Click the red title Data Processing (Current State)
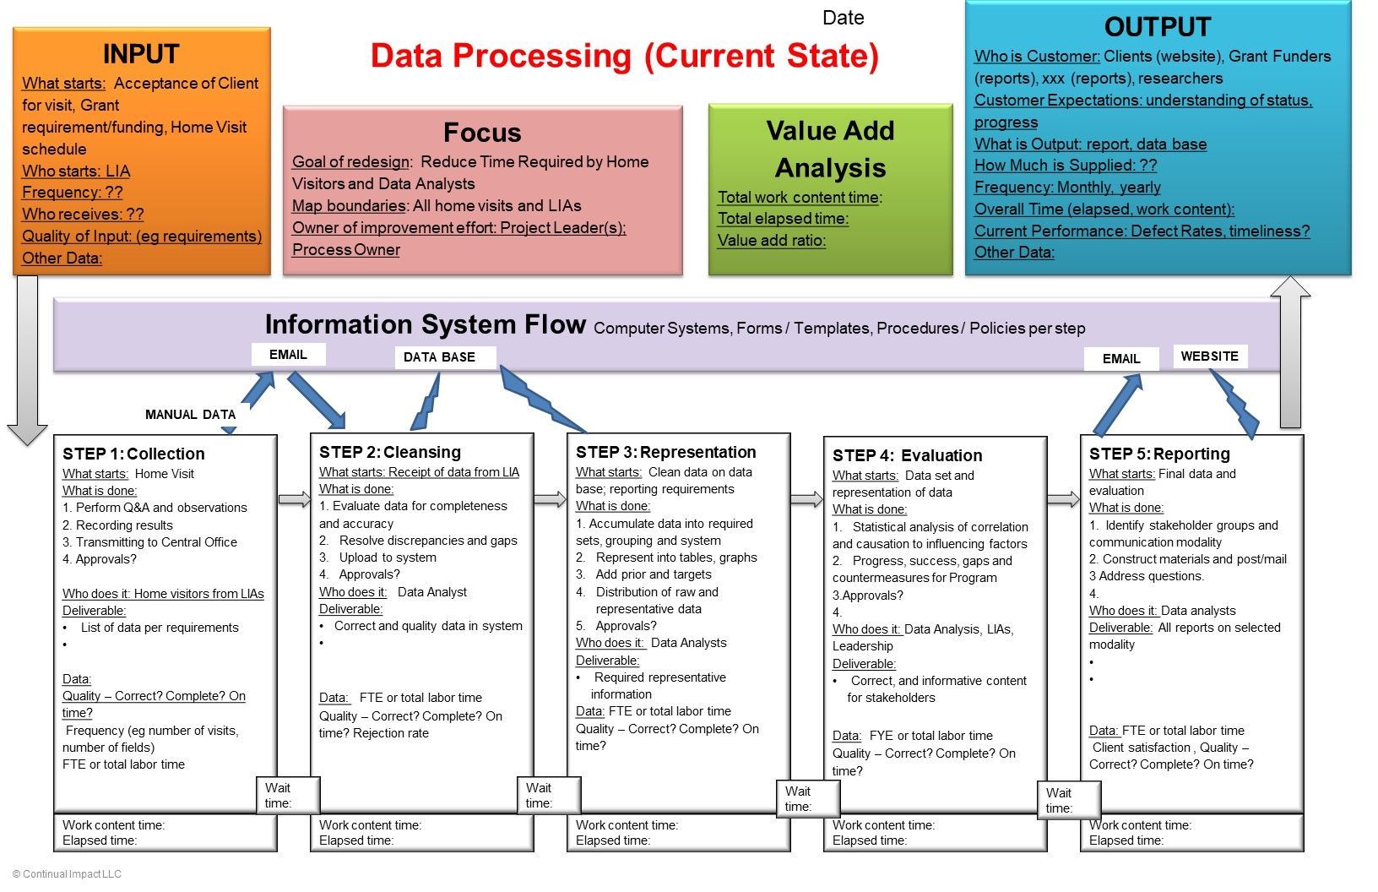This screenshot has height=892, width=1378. pos(625,56)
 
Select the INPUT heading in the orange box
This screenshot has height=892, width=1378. pos(141,54)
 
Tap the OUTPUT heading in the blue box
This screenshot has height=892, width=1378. pos(1157,27)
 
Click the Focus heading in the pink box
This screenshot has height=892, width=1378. pos(482,133)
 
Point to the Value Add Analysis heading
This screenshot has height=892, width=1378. pos(831,149)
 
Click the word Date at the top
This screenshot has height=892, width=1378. pos(843,17)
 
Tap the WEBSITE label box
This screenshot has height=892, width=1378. pos(1210,356)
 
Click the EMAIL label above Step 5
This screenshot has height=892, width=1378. pos(1120,359)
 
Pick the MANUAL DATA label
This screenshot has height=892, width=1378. pos(190,415)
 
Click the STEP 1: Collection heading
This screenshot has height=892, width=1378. pos(133,454)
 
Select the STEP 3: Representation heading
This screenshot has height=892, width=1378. pos(665,452)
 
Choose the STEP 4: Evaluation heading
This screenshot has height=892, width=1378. pos(908,455)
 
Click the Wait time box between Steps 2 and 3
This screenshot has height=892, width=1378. pos(550,795)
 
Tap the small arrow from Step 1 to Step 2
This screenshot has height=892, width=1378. pos(295,499)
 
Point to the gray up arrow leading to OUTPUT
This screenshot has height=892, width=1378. pos(1290,351)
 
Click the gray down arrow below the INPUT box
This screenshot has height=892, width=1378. pos(28,360)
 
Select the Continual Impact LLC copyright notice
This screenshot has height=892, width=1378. pos(67,874)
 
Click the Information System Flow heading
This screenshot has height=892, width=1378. pos(425,324)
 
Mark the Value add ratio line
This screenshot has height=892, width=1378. pos(772,240)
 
